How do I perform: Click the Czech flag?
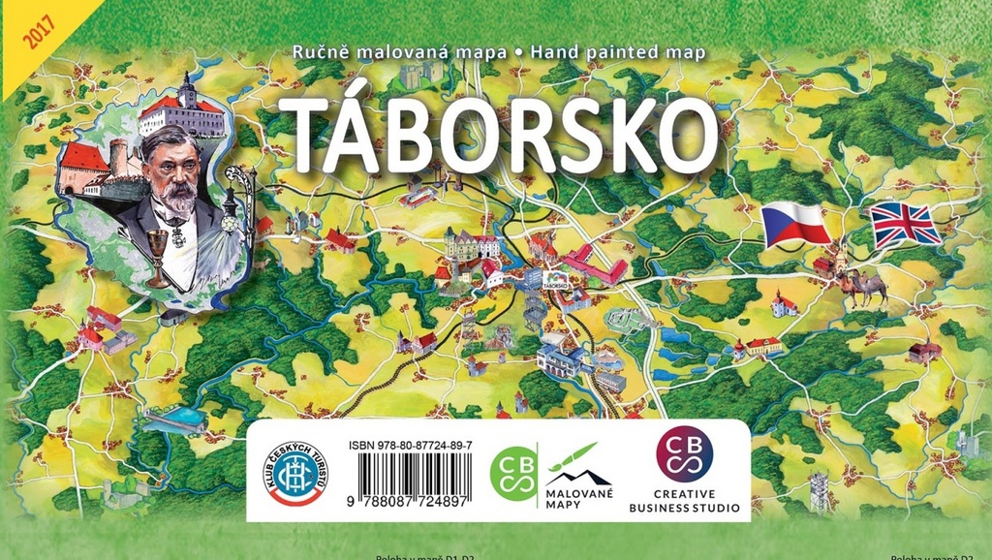coord(795,225)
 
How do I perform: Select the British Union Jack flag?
coord(905,225)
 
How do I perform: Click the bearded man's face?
coord(175,174)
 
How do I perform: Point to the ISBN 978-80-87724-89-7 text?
coord(411,445)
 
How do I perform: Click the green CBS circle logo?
coord(513,474)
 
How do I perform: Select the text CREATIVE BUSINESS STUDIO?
coord(684,500)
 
